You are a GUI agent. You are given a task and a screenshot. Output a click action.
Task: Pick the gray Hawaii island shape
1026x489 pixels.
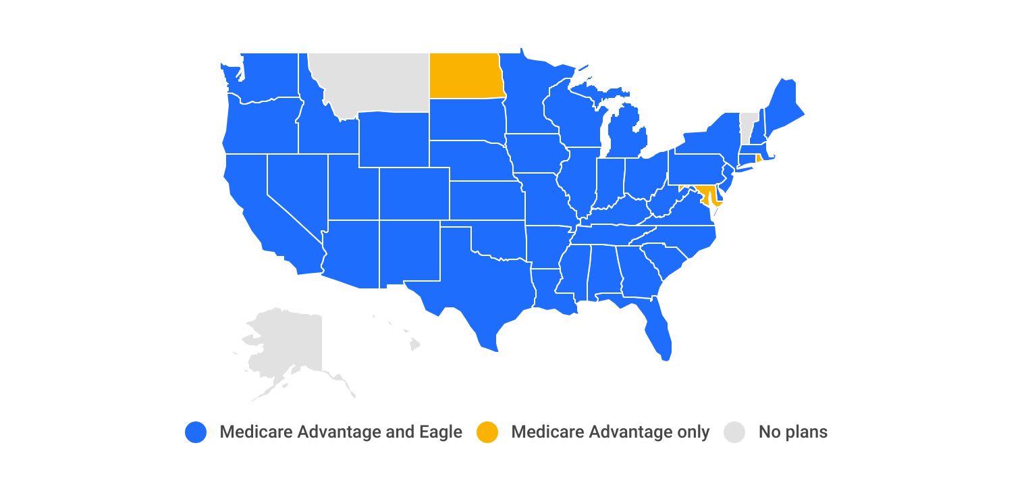[x=414, y=345]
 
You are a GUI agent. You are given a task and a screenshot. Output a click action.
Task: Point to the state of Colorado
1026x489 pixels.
[x=414, y=193]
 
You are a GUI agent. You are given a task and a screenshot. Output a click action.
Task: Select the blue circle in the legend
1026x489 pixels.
[x=195, y=432]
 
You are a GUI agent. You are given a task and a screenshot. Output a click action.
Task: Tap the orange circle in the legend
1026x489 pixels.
[x=487, y=432]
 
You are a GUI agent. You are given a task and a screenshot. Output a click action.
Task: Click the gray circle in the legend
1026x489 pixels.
[x=734, y=432]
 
